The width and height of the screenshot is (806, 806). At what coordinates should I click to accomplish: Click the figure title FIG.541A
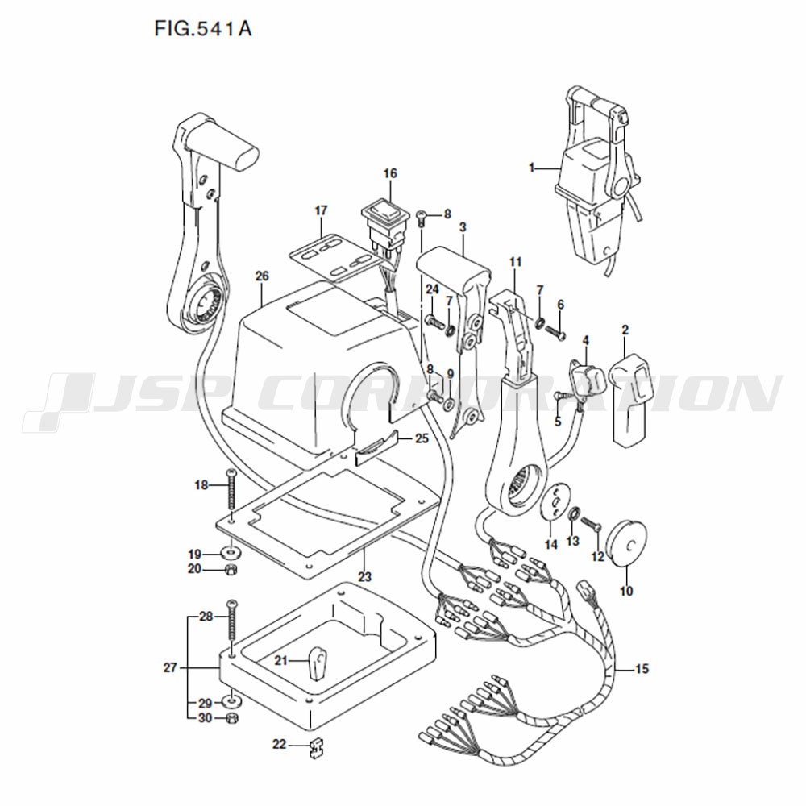[203, 29]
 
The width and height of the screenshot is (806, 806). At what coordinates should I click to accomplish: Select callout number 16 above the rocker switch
[390, 173]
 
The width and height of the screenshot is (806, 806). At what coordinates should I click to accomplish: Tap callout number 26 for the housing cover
[262, 276]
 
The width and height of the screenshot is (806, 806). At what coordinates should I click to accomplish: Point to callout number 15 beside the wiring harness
[642, 669]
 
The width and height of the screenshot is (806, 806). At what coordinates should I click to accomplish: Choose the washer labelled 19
[230, 554]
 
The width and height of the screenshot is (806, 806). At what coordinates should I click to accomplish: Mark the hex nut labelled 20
[231, 569]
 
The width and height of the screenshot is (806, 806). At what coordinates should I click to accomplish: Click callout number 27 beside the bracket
[170, 667]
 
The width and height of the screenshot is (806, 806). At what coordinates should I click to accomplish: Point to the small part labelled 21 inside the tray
[316, 663]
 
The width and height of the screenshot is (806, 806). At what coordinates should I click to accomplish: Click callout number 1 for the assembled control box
[532, 168]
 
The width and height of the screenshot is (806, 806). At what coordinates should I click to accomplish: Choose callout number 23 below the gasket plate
[364, 577]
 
